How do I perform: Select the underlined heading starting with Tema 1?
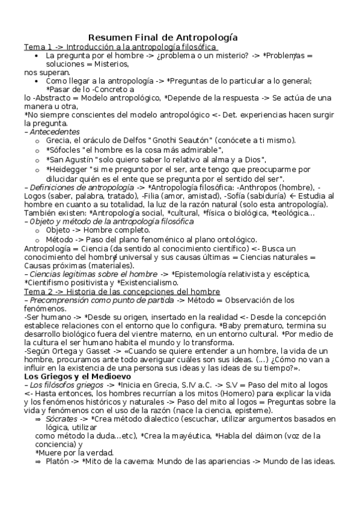click(120, 47)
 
